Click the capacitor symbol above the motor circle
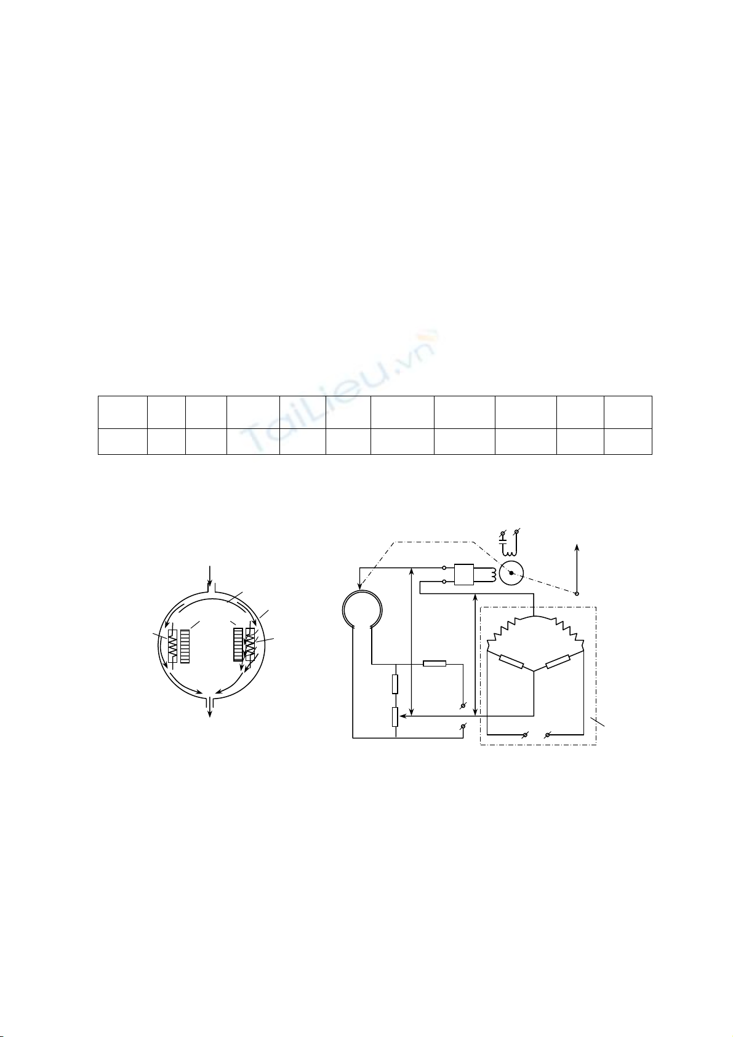503,540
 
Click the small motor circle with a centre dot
511,573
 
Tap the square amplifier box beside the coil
464,575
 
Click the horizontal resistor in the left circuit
435,663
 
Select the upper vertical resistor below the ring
395,684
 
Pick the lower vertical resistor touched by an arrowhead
395,717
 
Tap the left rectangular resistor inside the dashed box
511,662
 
